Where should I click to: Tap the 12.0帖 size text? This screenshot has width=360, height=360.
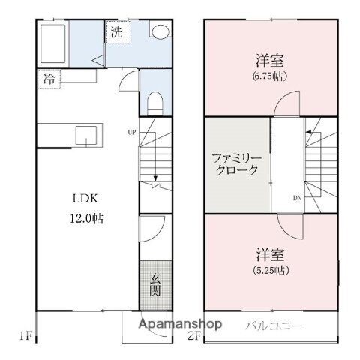pos(87,220)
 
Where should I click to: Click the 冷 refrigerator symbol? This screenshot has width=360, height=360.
pos(47,77)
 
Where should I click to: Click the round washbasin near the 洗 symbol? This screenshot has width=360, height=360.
pos(160,31)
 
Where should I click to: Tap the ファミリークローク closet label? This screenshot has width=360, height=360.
pos(235,163)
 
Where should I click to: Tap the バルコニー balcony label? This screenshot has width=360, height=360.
pos(274,326)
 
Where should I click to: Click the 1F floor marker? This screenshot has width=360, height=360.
pos(25,335)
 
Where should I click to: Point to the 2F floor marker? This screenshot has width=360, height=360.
pos(196,335)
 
